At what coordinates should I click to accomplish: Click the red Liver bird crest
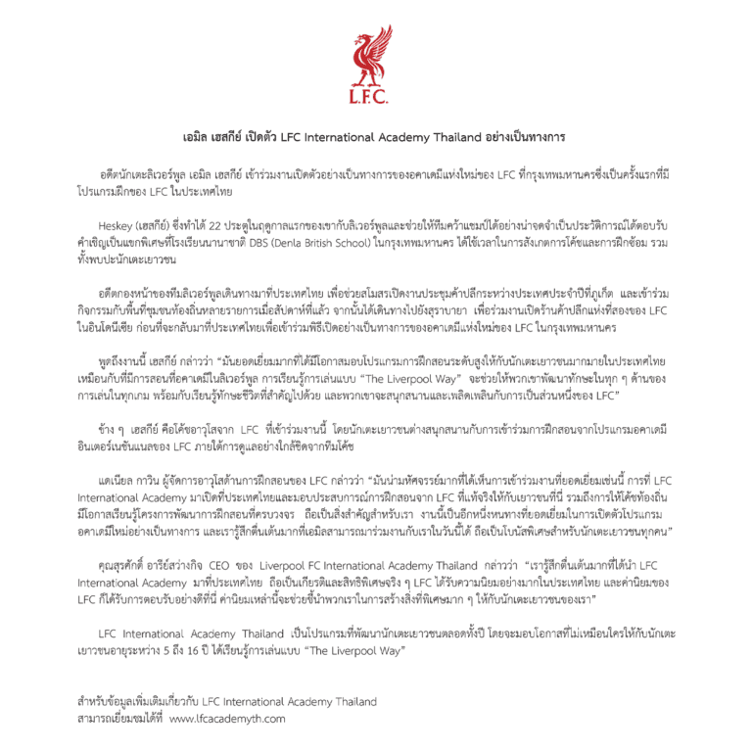(x=375, y=55)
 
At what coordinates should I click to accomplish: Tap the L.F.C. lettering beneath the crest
(x=375, y=96)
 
